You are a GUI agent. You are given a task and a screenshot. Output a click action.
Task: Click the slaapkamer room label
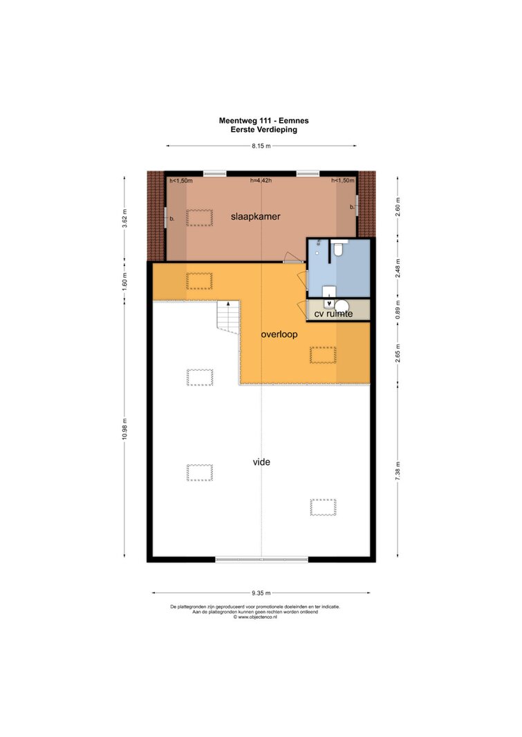[x=255, y=217]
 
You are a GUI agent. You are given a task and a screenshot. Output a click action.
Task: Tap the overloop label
[x=279, y=335]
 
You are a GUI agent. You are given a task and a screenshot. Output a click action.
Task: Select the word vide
[x=261, y=462]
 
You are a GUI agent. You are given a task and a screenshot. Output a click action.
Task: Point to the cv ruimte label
[x=333, y=314]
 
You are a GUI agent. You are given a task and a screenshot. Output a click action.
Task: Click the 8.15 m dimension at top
[x=261, y=146]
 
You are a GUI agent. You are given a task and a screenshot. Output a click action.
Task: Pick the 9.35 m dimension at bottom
[x=261, y=593]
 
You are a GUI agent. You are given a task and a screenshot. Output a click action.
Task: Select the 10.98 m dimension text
[x=124, y=429]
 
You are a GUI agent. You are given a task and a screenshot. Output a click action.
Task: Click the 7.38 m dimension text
[x=398, y=471]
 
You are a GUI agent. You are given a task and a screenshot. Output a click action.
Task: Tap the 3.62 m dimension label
[x=124, y=218]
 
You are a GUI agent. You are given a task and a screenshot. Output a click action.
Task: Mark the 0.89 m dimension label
[x=398, y=309]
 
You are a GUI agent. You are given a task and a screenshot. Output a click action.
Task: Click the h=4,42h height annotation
[x=261, y=180]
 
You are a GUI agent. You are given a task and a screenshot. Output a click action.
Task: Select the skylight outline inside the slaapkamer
[x=199, y=218]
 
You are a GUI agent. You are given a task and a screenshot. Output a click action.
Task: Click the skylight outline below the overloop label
[x=323, y=355]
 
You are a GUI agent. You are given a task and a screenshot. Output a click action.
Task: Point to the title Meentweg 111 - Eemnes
[x=264, y=120]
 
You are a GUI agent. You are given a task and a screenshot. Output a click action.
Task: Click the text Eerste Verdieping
[x=264, y=130]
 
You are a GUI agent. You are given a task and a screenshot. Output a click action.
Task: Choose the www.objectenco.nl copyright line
[x=255, y=617]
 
